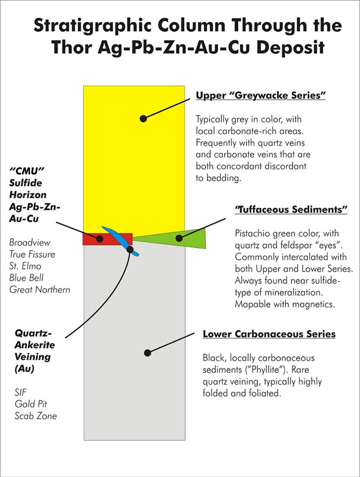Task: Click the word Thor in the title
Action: pos(71,48)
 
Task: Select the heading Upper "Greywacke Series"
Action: pos(261,96)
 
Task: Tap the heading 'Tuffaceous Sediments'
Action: pos(291,210)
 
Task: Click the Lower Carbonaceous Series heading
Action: pos(269,334)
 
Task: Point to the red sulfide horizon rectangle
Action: pos(91,239)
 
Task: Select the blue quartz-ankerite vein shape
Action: pos(121,241)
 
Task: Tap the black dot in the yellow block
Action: pos(143,119)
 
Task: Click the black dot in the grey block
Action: pos(148,353)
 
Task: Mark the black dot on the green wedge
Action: pos(179,238)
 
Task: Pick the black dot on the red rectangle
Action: pos(99,239)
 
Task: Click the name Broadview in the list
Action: pos(30,243)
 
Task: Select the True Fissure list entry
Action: pos(32,254)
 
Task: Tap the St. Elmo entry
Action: pos(25,266)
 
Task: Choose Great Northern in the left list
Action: pos(39,290)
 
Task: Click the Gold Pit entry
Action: pos(31,404)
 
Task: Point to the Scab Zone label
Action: pos(36,416)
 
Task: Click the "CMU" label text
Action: pos(27,171)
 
